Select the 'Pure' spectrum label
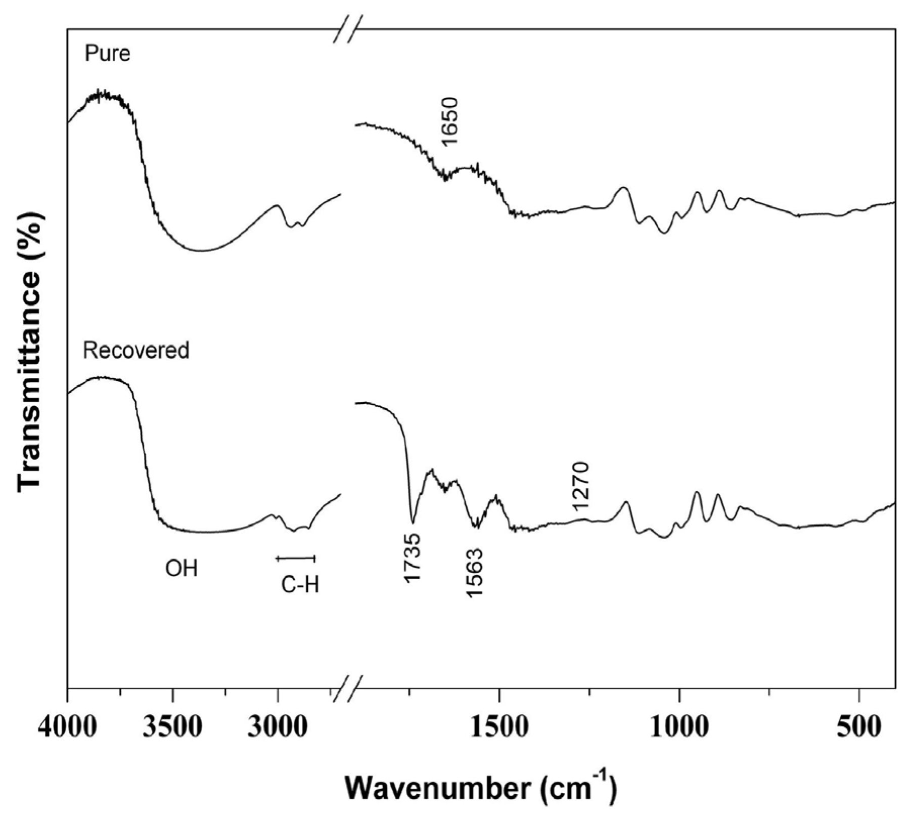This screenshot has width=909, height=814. click(x=108, y=53)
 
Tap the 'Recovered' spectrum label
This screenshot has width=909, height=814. click(x=137, y=350)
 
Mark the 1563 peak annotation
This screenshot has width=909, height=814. click(x=475, y=573)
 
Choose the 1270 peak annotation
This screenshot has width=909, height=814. click(x=581, y=486)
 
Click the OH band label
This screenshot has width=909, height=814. click(x=181, y=569)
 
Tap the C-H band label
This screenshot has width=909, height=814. click(x=300, y=585)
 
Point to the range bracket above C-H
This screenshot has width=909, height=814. click(x=296, y=559)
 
